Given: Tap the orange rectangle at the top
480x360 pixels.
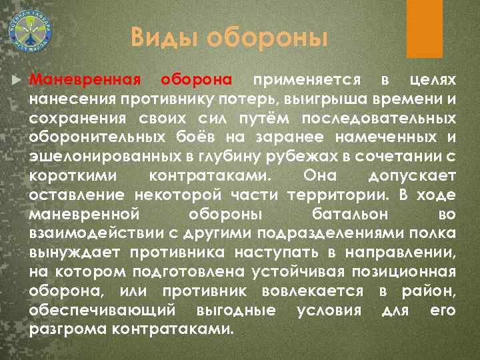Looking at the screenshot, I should (x=427, y=20).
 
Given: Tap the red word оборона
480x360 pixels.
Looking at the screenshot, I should (x=196, y=80).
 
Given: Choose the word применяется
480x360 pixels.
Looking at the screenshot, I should (x=303, y=80).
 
